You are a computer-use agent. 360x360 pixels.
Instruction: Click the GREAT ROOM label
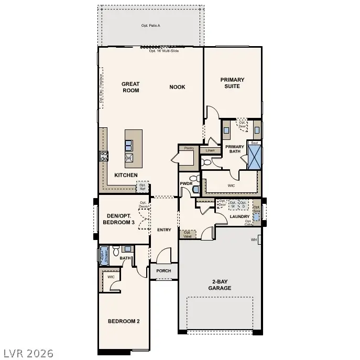tap(130, 87)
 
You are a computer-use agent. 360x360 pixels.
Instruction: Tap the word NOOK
tap(177, 87)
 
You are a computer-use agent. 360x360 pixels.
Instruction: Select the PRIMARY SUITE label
tap(232, 83)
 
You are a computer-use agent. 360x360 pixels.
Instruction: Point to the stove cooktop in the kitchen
tap(104, 156)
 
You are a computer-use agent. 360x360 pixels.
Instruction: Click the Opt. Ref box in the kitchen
tap(142, 186)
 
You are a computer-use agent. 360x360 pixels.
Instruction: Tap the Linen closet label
tap(210, 150)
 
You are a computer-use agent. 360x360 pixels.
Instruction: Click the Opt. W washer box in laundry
tap(233, 204)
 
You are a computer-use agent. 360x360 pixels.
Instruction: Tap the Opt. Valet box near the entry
tap(187, 234)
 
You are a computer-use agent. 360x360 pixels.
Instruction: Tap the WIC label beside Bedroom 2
tap(111, 277)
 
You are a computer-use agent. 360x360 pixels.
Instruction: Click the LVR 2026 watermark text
tap(28, 353)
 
